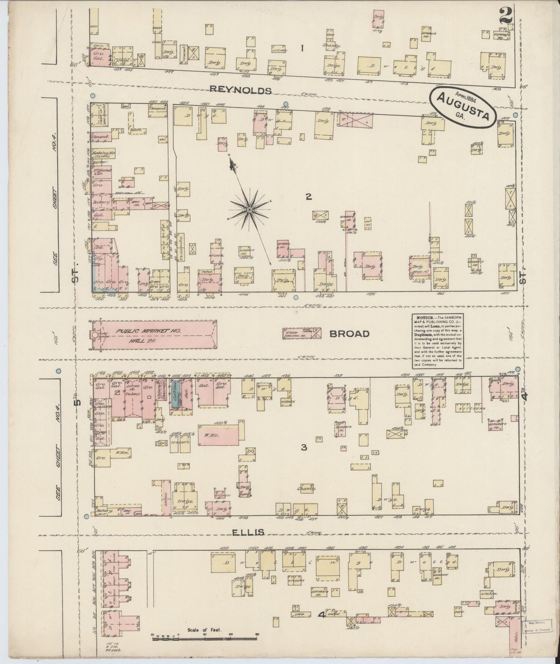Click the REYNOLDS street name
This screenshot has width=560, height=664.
coord(240,90)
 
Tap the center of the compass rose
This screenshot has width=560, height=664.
coord(250,210)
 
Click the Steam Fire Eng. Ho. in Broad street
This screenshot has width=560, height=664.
coord(302,333)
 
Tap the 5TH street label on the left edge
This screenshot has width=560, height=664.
coord(79,403)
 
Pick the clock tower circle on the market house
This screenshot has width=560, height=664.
coord(95,335)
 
